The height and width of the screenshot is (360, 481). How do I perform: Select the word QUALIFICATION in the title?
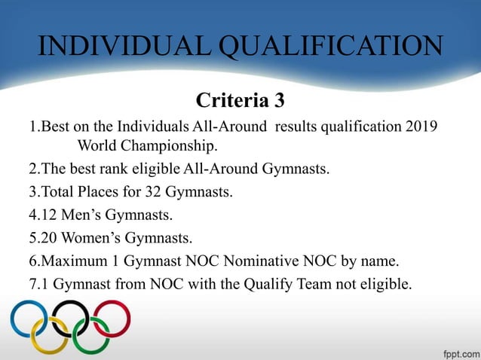coord(332,47)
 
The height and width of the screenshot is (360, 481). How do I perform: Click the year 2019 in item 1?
coord(421,124)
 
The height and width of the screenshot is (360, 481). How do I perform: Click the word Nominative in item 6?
coord(247,263)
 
